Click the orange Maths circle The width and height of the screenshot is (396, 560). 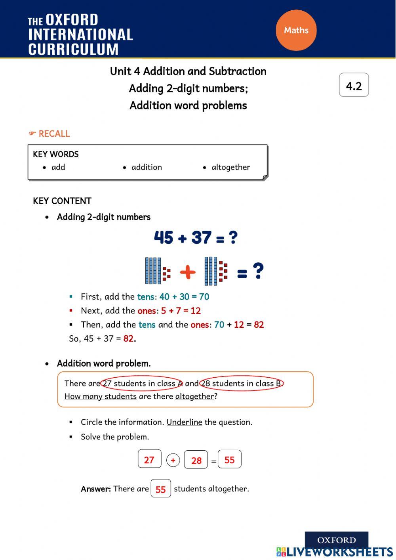296,31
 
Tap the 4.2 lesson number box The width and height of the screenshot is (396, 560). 354,85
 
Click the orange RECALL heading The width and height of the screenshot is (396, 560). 54,134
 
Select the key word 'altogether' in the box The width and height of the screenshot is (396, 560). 230,167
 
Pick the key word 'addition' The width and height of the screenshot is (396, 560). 147,167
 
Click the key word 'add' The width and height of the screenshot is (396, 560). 58,167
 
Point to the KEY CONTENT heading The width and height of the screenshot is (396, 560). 62,201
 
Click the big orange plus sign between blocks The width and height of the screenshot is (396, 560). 188,272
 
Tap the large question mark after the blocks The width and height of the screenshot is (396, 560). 258,271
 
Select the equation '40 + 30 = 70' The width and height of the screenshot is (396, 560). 184,297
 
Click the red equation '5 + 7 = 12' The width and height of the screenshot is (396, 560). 181,311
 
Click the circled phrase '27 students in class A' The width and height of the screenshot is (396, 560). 142,383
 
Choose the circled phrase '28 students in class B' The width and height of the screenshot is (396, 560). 242,383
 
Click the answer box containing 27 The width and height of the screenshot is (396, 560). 149,459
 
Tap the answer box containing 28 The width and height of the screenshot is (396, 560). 196,460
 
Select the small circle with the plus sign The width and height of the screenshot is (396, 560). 173,461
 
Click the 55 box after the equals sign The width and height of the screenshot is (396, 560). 230,459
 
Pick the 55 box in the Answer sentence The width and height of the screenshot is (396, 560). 161,489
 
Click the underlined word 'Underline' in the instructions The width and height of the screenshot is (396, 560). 184,422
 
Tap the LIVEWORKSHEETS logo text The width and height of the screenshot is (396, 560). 339,552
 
